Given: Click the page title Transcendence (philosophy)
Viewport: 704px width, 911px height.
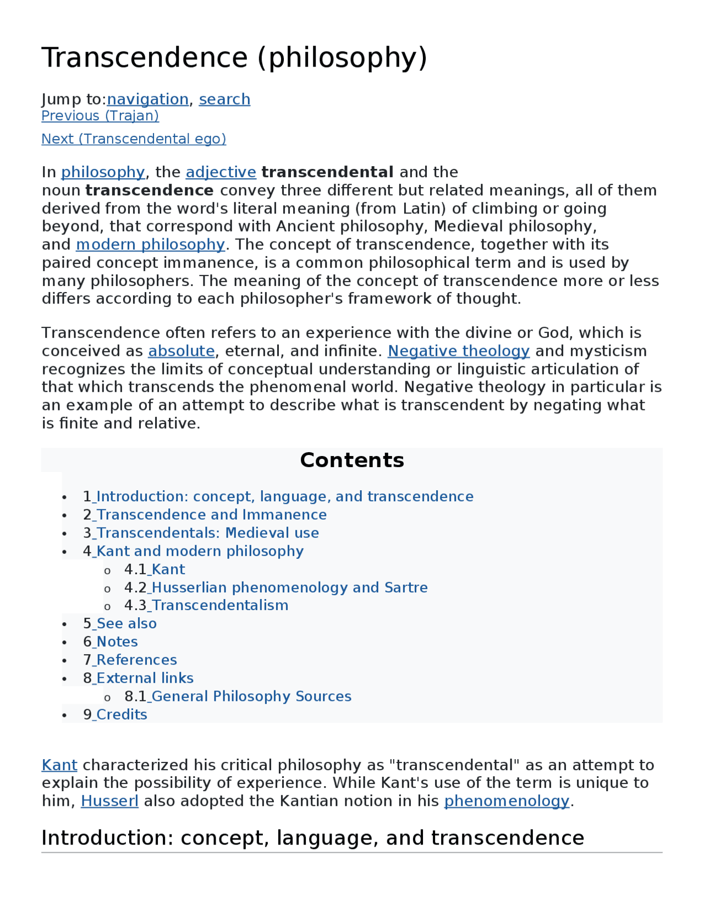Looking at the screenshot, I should tap(234, 58).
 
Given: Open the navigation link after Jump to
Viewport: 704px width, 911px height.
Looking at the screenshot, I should tap(147, 99).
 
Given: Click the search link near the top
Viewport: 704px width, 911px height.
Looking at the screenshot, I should tap(224, 99).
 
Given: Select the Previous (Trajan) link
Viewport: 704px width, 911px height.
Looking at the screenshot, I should tap(100, 116).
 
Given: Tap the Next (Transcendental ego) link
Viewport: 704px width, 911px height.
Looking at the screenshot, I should tap(134, 139).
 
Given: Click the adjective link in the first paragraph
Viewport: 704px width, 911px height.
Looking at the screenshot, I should tap(221, 172).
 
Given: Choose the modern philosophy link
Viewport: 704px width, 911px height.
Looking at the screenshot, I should tap(150, 244).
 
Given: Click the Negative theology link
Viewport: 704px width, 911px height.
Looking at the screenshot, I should tap(458, 351).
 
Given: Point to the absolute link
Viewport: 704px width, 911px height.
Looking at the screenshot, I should tap(181, 351).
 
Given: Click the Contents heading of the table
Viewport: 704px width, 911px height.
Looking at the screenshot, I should tap(351, 460).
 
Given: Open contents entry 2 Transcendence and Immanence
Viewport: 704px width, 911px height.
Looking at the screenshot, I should tap(211, 515).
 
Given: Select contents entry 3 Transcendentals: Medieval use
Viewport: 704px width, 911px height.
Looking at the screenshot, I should tap(207, 533).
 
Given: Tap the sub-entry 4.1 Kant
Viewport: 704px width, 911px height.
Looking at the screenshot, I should tap(168, 569).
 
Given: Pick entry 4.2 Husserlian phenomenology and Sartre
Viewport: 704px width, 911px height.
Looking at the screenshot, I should tap(289, 588).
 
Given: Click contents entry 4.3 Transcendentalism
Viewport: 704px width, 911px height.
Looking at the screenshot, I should tap(219, 606).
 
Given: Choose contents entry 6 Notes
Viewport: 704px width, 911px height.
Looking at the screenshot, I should tap(117, 642).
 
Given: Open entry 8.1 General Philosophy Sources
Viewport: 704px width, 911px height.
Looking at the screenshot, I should tap(251, 696).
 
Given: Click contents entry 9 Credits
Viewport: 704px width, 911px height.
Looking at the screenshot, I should tap(122, 715).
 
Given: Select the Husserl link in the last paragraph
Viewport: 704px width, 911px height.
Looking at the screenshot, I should tap(109, 801).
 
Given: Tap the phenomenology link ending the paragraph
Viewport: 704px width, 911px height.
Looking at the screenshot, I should tap(506, 801).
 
